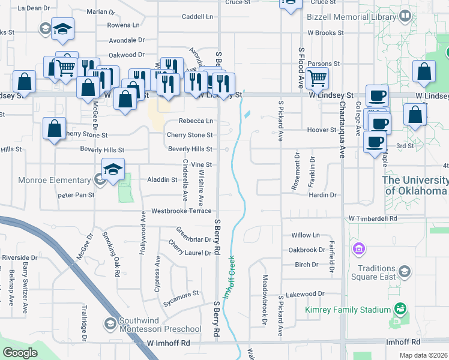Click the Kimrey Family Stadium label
(x=348, y=310)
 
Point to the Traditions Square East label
(x=376, y=272)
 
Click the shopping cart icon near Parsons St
(x=316, y=77)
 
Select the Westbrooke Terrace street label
(x=181, y=211)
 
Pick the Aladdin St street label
(x=162, y=179)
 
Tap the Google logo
(x=20, y=353)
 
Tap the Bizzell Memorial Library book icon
(x=406, y=16)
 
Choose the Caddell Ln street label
(x=197, y=16)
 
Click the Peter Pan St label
(x=76, y=195)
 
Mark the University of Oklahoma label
(x=415, y=185)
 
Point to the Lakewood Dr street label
(x=305, y=294)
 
